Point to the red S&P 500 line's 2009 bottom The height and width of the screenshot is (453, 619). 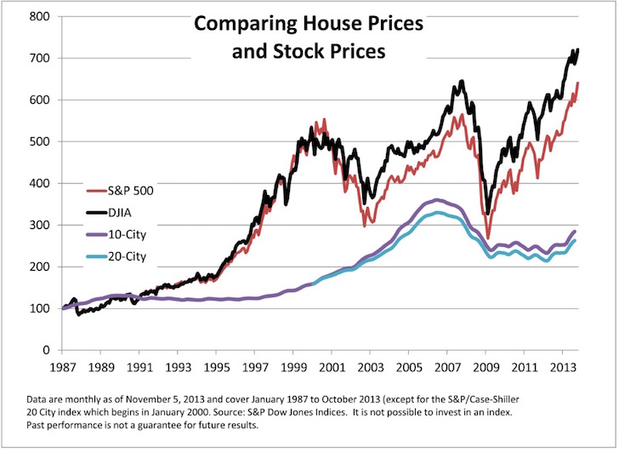[x=488, y=238]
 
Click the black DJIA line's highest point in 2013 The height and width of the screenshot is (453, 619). [x=577, y=49]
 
